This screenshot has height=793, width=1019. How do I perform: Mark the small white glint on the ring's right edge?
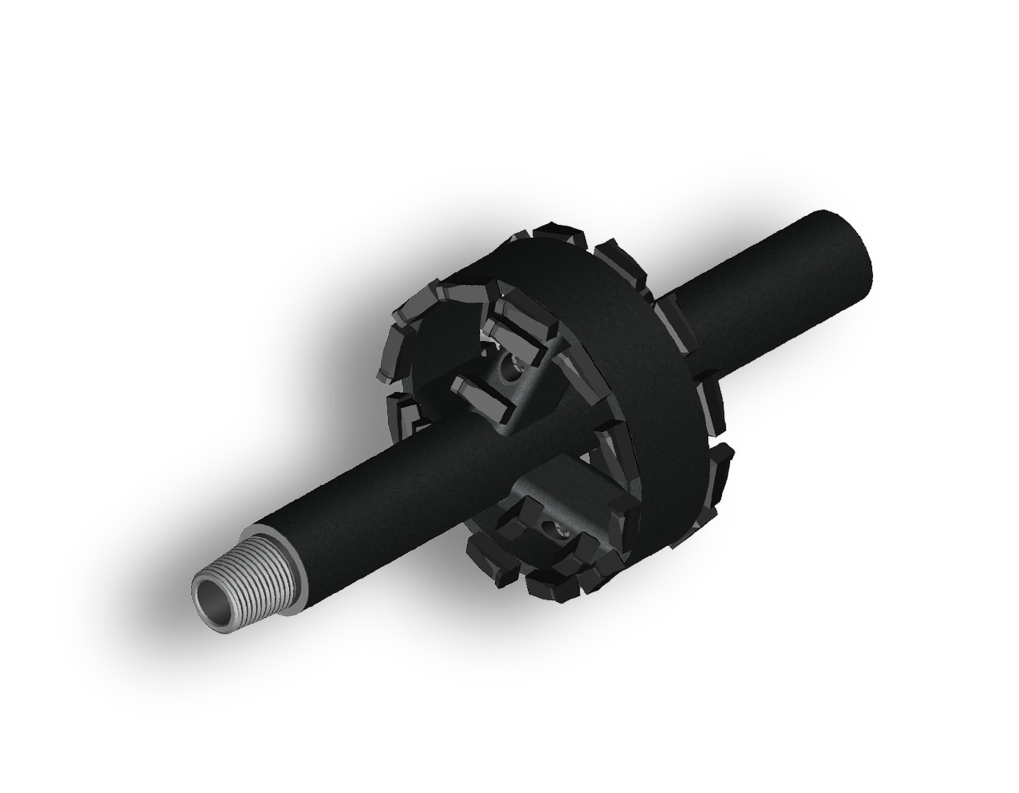[713, 439]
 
